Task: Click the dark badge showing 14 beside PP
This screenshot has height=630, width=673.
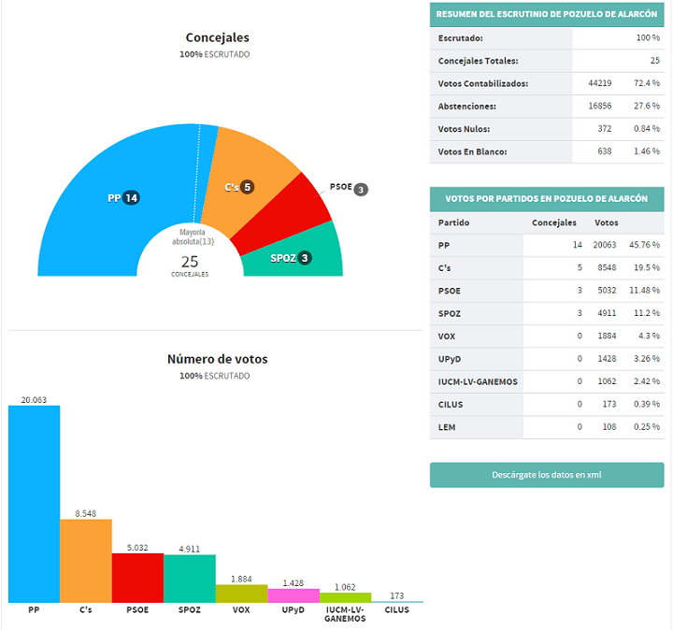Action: [x=132, y=198]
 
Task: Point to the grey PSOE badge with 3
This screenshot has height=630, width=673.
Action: [x=361, y=189]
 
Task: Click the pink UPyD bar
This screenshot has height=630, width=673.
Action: [x=294, y=595]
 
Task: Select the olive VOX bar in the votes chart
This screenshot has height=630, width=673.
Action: [x=242, y=594]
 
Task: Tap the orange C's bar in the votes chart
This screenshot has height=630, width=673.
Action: [x=86, y=561]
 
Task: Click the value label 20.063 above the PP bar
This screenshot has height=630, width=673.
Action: [x=34, y=400]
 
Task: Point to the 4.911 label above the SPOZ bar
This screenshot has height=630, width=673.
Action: [x=189, y=549]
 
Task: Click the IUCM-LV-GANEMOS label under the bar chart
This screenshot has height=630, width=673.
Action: [x=345, y=614]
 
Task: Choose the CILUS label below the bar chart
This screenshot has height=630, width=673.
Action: [x=397, y=609]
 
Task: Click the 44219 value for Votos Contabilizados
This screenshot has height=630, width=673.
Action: [x=599, y=83]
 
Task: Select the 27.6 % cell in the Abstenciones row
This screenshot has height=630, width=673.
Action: [x=647, y=106]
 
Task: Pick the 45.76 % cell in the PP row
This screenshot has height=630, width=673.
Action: [x=644, y=245]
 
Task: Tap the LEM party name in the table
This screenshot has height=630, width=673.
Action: [x=447, y=427]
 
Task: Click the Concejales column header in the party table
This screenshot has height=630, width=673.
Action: [x=554, y=222]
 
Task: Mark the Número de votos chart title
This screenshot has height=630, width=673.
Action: [x=218, y=359]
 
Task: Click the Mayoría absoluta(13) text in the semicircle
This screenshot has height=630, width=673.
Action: [x=193, y=236]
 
